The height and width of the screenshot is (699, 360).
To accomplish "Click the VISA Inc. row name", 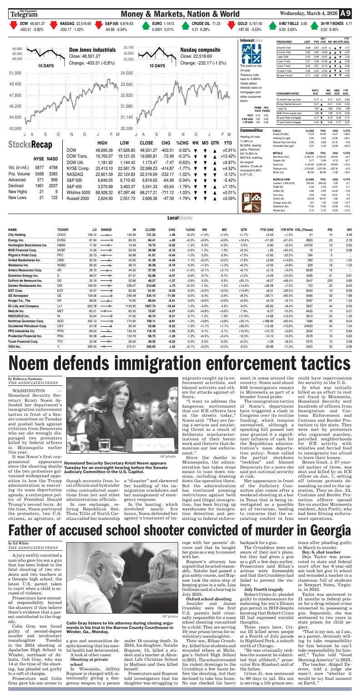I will (16, 347).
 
